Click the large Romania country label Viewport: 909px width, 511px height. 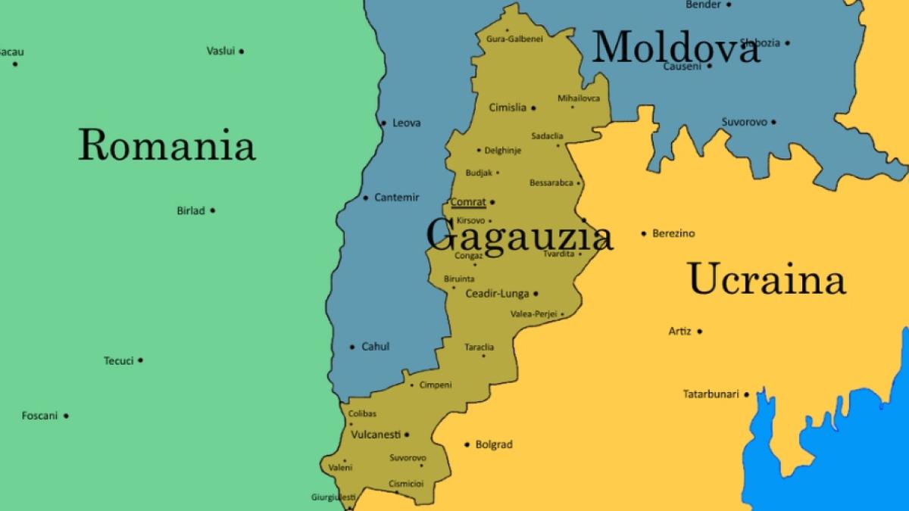click(167, 145)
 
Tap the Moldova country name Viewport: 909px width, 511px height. click(675, 48)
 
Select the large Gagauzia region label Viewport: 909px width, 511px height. click(519, 235)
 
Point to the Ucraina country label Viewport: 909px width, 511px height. click(766, 279)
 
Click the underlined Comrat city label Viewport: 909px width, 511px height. click(468, 202)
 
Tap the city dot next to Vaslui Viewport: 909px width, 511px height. click(242, 51)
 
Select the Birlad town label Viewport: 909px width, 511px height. click(191, 210)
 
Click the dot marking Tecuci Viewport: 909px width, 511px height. click(141, 361)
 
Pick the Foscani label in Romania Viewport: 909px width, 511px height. click(39, 416)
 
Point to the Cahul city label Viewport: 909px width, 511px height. click(375, 347)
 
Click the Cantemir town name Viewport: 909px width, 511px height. click(396, 198)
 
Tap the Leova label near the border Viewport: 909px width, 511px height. click(406, 123)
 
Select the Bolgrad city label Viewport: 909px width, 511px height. click(493, 444)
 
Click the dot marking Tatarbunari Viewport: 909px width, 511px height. click(746, 394)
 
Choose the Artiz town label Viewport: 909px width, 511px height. click(679, 331)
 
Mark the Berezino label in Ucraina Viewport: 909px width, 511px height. click(673, 233)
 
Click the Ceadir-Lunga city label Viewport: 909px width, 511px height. click(497, 294)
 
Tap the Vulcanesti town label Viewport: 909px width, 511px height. click(376, 435)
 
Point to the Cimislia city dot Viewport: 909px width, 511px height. click(533, 108)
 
